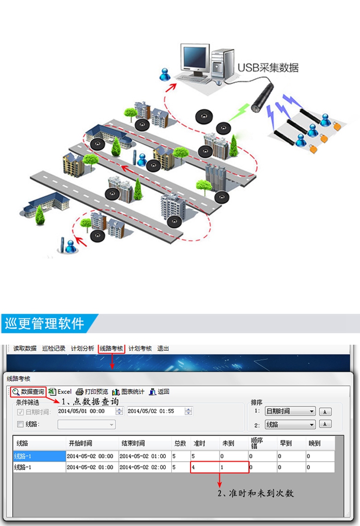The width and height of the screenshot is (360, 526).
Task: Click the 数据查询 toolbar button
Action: point(29,391)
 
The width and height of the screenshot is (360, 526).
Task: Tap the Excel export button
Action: point(60,391)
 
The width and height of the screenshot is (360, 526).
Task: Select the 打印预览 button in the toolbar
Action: point(92,391)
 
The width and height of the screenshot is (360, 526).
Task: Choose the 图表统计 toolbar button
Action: point(128,391)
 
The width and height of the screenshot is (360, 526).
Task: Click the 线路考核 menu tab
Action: point(111,348)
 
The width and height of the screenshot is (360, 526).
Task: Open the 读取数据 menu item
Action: point(24,348)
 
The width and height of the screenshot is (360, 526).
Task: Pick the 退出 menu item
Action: point(163,348)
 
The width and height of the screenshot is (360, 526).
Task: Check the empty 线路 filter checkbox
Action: point(20,424)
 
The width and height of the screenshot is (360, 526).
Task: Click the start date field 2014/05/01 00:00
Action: point(85,411)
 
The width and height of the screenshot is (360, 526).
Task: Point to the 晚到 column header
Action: point(314,443)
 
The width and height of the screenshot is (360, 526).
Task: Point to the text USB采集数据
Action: point(268,68)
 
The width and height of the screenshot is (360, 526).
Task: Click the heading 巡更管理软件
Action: point(45,323)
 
